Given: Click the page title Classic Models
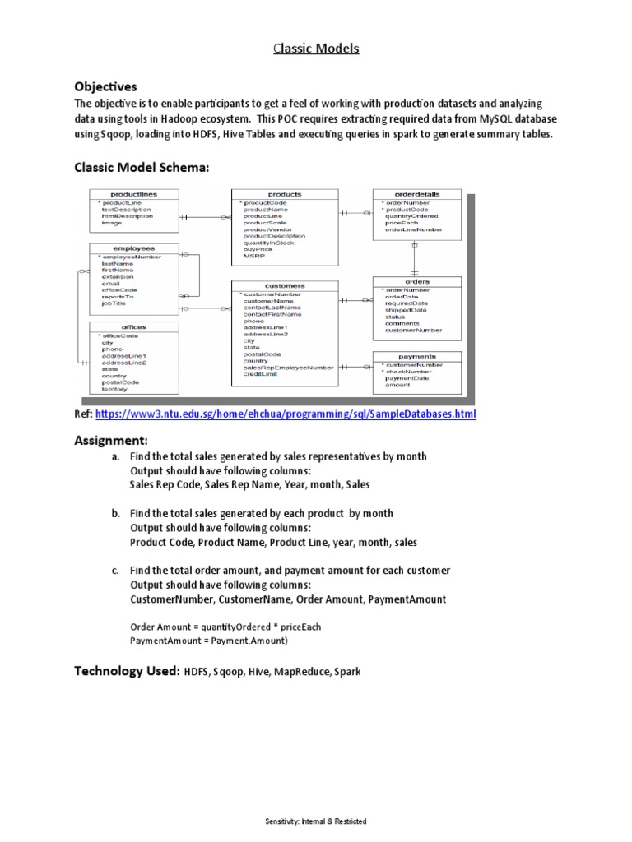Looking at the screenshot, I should pos(316,49).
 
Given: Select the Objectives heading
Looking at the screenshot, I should pos(105,86).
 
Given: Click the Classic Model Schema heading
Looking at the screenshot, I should pos(142,167).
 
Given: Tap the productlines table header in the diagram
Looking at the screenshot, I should pos(134,194).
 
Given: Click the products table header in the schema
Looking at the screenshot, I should pos(286,194).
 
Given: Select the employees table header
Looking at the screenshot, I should pos(132,248).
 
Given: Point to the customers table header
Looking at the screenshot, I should pos(286,285).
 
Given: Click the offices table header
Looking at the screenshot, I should pos(132,327).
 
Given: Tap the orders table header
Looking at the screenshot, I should pos(417,281).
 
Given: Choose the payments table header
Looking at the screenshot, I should pos(417,356).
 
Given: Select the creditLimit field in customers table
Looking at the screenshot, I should pos(260,375).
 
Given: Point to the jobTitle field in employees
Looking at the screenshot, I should pos(114,303).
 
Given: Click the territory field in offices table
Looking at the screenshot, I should pos(114,389).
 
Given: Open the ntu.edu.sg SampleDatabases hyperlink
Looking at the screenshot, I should pos(286,414).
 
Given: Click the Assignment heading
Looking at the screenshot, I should pos(110,440).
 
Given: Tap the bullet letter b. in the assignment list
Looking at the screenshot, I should pos(115,513).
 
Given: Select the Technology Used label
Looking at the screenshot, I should pos(127,671).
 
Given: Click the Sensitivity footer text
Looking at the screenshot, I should pos(316,821).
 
